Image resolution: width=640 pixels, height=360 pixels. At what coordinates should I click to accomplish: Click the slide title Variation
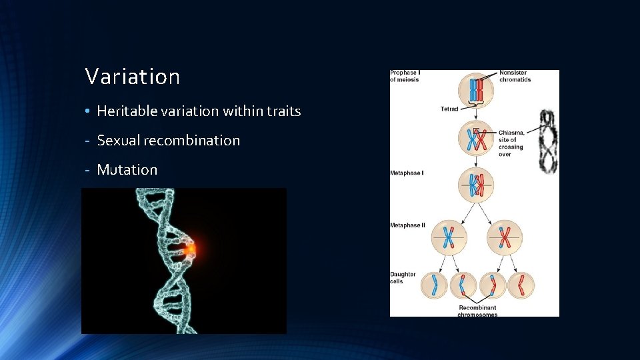tap(133, 77)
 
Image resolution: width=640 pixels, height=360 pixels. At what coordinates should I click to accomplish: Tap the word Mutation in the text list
tap(127, 170)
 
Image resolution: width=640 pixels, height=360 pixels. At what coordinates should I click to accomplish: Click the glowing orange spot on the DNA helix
tap(190, 249)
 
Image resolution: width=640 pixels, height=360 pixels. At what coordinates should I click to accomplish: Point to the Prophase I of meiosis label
tap(405, 77)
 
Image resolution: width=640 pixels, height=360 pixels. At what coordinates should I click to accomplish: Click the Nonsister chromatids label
tap(515, 76)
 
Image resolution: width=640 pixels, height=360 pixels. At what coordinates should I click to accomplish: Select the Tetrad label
tap(449, 109)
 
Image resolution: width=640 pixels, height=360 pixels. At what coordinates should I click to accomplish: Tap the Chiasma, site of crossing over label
tap(511, 143)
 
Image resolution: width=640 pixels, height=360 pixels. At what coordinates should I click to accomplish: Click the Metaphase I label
tap(407, 173)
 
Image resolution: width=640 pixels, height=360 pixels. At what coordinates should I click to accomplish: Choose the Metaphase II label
tap(407, 225)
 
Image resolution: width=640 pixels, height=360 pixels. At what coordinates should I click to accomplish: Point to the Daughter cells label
tap(403, 277)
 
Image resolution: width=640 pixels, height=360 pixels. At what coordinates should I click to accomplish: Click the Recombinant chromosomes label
tap(477, 311)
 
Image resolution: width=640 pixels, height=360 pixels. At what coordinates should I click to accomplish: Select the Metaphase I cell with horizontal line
tap(475, 185)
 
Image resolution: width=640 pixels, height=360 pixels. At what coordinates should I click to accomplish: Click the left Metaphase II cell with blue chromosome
tap(449, 237)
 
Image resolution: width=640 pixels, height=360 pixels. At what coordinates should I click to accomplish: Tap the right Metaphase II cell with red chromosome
tap(505, 237)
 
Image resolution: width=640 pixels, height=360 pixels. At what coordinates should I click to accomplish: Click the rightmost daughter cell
tap(521, 285)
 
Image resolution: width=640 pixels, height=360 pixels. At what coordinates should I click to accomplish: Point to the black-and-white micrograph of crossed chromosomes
tap(548, 141)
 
